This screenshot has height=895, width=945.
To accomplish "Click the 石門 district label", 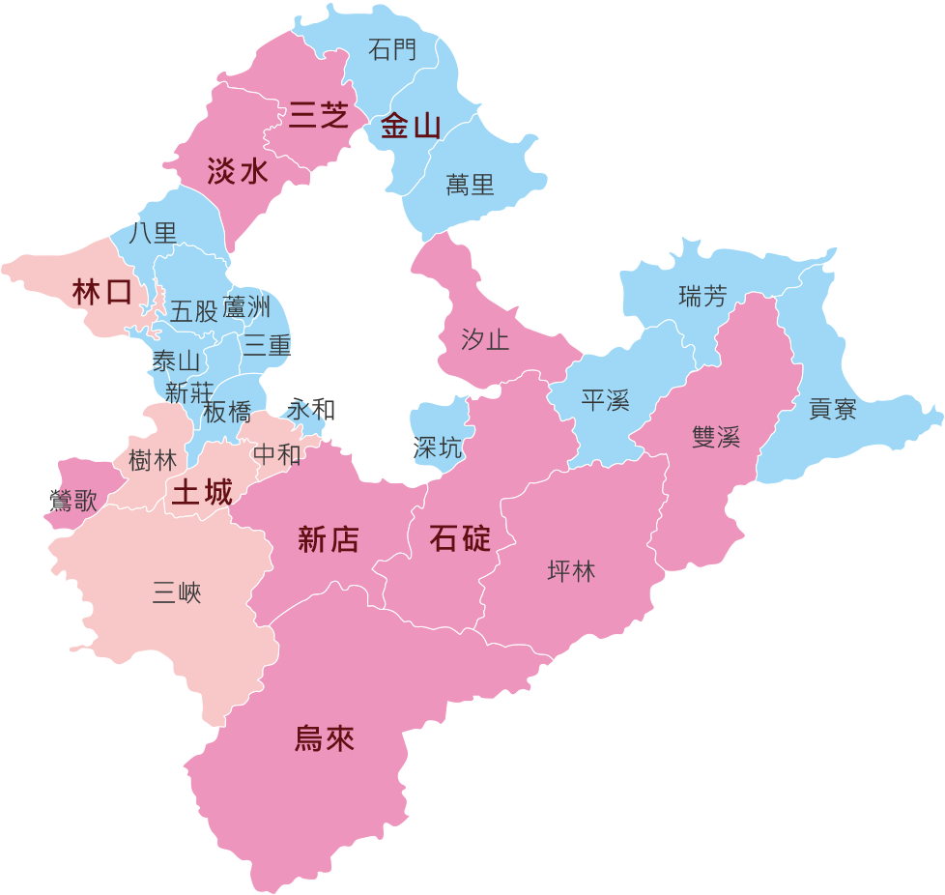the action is (x=393, y=49).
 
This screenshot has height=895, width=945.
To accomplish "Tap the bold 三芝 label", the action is (x=318, y=117).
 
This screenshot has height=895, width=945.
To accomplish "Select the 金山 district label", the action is (x=411, y=126).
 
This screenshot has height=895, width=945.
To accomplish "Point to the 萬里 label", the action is (x=471, y=185).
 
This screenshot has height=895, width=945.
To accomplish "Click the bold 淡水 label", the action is (x=238, y=172).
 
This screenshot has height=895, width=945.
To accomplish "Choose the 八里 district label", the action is (x=153, y=233).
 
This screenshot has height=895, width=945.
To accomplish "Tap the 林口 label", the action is (x=101, y=292).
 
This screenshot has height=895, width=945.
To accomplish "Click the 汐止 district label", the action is (x=485, y=340).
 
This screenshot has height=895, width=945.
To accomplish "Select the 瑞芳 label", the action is (x=702, y=297).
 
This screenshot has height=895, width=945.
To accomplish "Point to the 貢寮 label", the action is (x=833, y=410).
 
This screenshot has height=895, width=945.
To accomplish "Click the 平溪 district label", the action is (x=606, y=400).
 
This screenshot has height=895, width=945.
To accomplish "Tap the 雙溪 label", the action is (x=716, y=437).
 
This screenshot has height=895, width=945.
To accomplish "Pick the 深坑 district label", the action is (x=438, y=448).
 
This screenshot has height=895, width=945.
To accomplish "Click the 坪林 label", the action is (x=571, y=572).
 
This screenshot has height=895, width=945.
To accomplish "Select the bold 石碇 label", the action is (x=460, y=538).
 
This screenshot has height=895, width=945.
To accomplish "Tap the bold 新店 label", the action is (x=329, y=540).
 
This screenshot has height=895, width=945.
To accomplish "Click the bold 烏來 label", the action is (x=325, y=739).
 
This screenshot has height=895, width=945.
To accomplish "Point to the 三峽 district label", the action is (x=177, y=592).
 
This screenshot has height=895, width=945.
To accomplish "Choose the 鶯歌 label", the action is (x=73, y=501).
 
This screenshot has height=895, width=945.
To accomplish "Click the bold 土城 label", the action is (x=202, y=493).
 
